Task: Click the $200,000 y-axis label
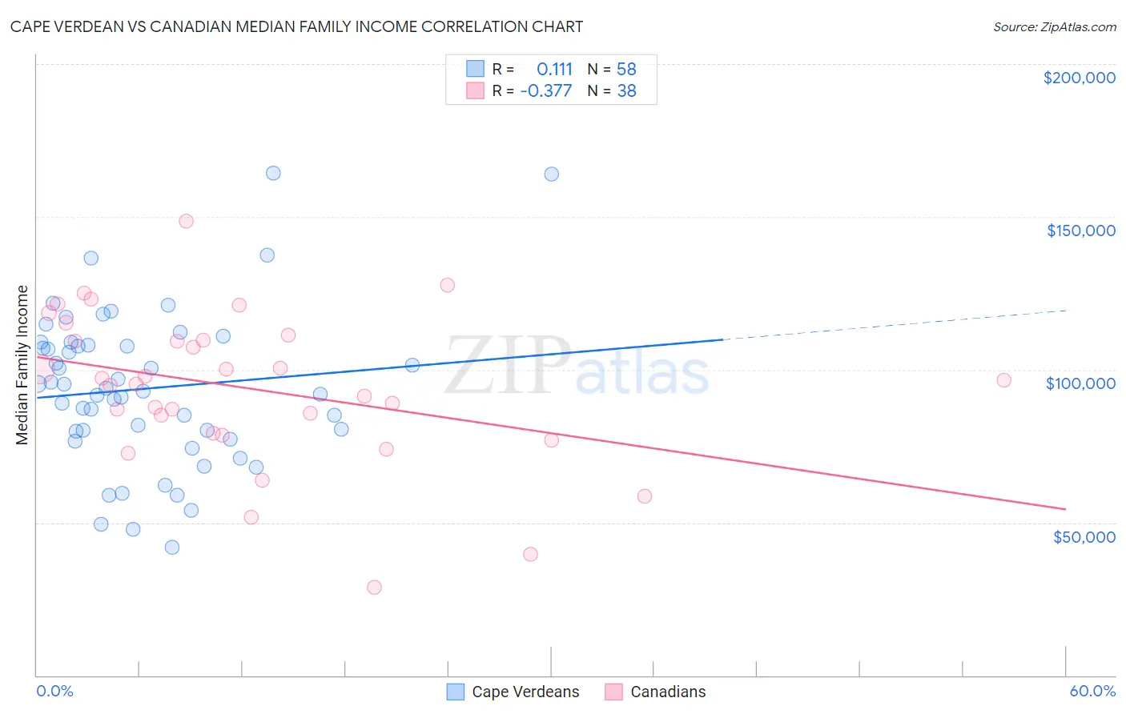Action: point(1079,78)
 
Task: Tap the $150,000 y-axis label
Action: point(1080,231)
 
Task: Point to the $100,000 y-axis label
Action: point(1080,383)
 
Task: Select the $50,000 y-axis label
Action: point(1084,536)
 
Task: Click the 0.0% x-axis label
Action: point(54,691)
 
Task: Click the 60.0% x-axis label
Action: point(1092,691)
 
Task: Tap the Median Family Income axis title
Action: point(22,365)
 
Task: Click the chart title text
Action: point(296,26)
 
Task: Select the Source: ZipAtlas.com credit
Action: point(1054,27)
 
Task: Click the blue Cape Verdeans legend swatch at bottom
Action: point(456,692)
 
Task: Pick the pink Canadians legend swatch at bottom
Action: point(613,692)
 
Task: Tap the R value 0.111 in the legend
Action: point(554,69)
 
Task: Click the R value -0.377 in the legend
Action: point(546,91)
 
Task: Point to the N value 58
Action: point(626,69)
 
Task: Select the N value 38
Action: point(626,91)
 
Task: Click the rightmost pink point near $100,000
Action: point(1003,380)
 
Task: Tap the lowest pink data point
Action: point(374,588)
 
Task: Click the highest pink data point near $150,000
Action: point(186,221)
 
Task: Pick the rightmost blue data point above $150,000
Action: point(551,174)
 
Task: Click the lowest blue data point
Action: point(171,548)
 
